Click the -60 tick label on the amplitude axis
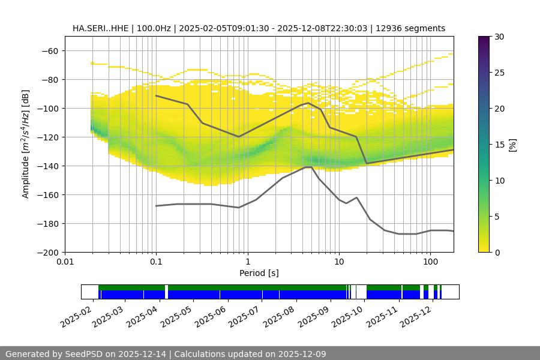(50, 50)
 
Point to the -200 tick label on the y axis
(48, 252)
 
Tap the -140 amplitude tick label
(48, 166)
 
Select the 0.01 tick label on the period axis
(65, 262)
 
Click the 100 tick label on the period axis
(430, 262)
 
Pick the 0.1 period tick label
(156, 262)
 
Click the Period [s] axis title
(259, 273)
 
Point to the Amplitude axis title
(26, 144)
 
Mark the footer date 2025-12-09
(303, 354)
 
